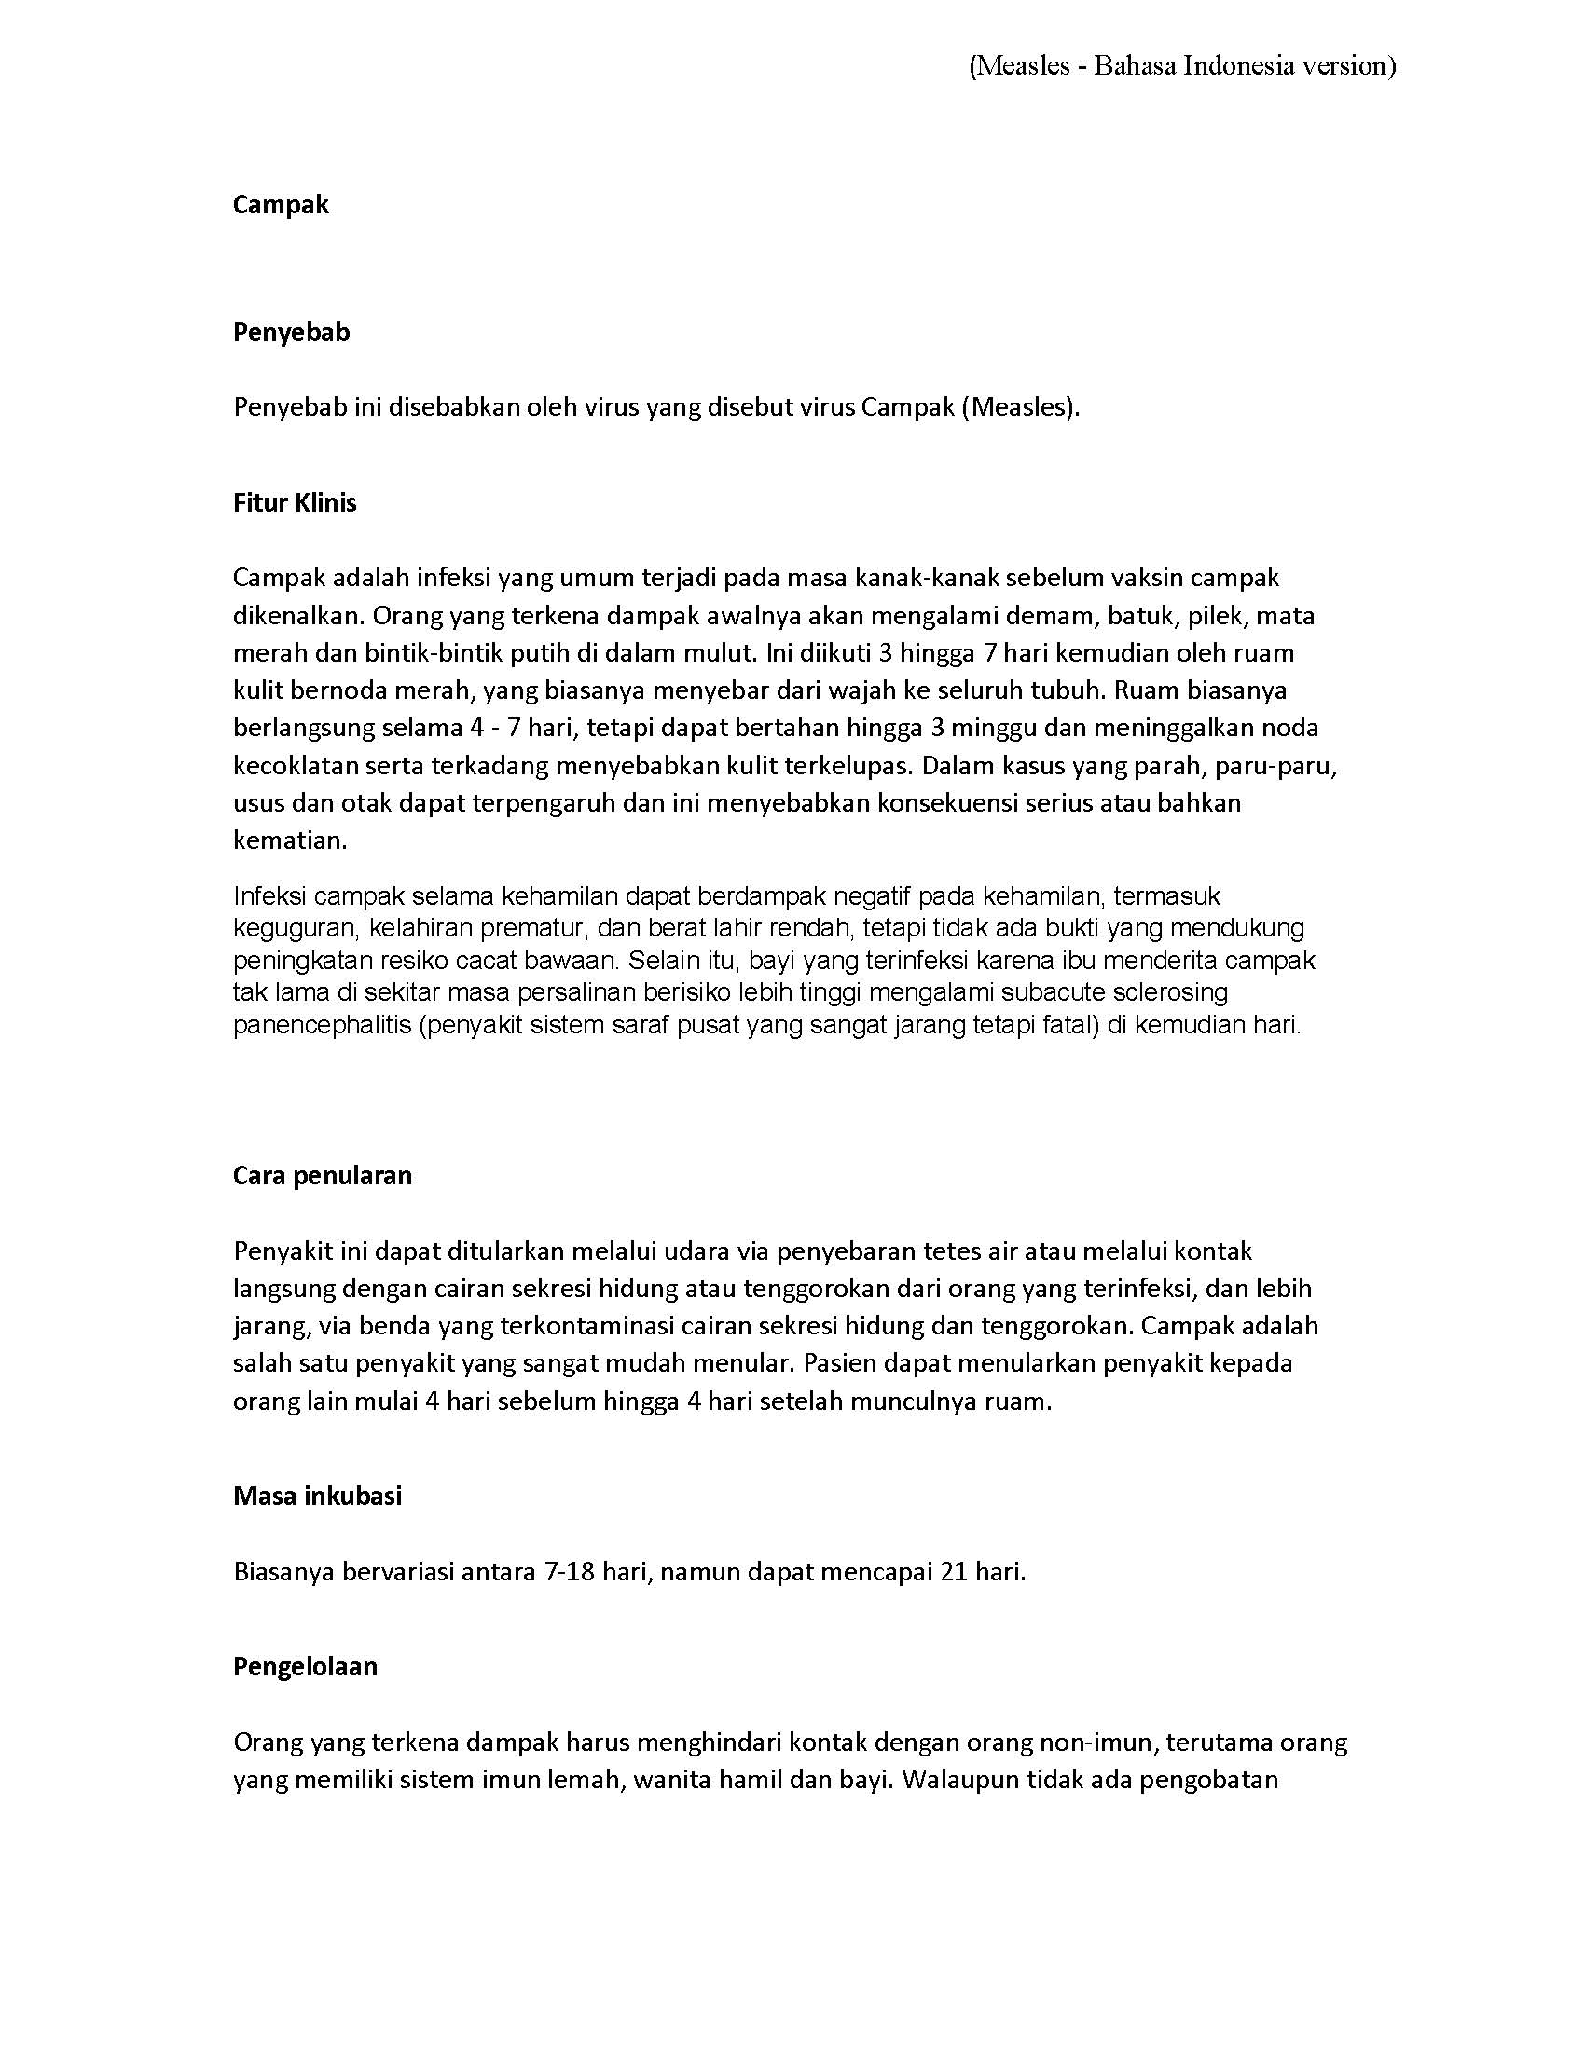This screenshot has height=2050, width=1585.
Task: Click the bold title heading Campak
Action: coord(281,205)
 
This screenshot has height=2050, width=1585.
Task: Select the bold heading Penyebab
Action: coord(291,333)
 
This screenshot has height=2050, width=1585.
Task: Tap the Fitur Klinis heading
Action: coord(295,503)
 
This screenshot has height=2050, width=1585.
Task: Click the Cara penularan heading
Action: coord(322,1176)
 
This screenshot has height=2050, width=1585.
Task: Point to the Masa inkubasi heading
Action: coord(317,1496)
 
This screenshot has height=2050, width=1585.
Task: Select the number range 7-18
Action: coord(569,1571)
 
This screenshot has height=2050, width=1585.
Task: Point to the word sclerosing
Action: coord(1173,992)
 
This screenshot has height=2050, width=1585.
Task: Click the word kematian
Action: coord(289,840)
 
